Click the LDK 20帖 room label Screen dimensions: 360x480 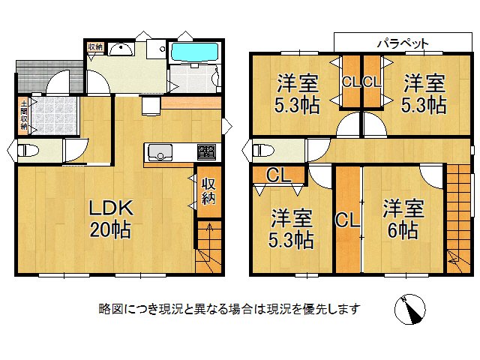pos(111,217)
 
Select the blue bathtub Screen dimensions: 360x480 pos(194,52)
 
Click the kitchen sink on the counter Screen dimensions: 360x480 pos(159,154)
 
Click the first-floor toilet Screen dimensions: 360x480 pos(27,149)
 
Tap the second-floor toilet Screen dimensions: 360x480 pos(262,149)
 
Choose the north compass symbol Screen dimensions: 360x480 pos(409,308)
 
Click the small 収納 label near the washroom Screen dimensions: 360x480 pos(94,47)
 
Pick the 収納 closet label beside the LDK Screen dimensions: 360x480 pos(208,192)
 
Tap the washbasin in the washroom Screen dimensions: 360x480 pos(121,49)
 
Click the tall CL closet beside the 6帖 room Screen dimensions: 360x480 pos(346,221)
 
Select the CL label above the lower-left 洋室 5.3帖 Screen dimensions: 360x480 pos(279,177)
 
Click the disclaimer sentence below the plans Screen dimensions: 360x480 pos(229,308)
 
